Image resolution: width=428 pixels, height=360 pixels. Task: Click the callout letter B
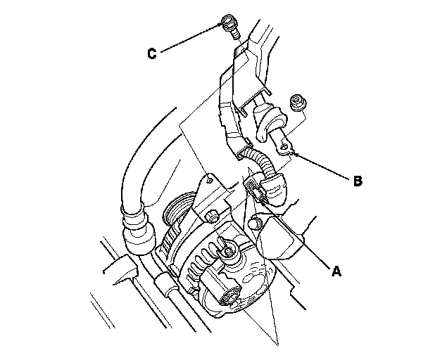coord(358,181)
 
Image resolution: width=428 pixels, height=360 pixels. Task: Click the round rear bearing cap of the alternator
coord(229,296)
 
